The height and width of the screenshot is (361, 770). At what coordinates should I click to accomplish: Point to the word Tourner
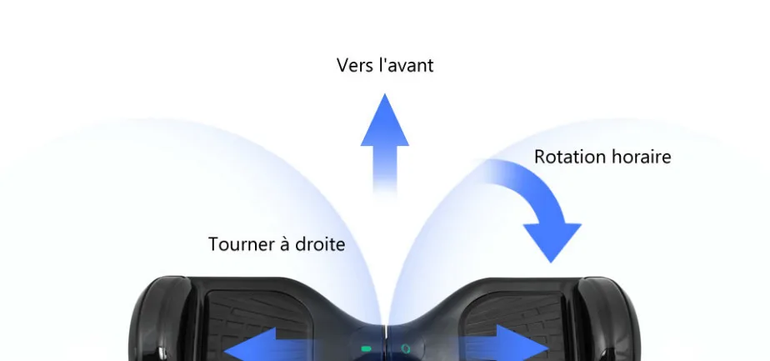238,244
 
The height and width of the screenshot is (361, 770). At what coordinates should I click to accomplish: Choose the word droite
321,244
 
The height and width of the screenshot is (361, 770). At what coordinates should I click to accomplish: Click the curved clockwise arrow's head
552,242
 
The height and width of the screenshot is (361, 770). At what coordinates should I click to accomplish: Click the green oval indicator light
367,349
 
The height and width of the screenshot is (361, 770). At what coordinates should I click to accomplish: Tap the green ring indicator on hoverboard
406,348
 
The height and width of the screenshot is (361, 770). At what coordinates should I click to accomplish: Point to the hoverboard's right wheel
610,319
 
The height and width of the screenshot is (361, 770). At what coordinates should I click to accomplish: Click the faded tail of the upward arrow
384,172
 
